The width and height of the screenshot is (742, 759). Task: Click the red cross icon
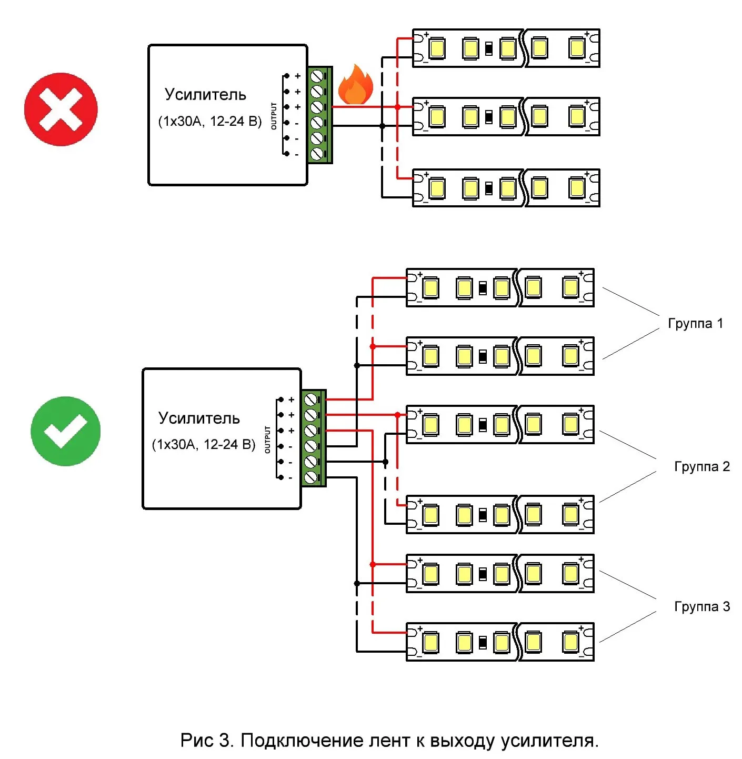point(61,109)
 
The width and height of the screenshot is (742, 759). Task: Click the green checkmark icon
point(65,431)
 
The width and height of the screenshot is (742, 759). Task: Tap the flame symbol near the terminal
point(356,85)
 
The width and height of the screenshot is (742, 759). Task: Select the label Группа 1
point(695,323)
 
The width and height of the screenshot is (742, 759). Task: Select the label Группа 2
point(702,466)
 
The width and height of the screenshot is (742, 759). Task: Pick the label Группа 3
point(702,606)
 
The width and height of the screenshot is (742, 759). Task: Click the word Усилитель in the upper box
point(205,94)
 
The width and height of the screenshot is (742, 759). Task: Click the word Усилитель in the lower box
point(199,418)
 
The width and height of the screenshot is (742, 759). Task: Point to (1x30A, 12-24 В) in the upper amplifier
point(210,122)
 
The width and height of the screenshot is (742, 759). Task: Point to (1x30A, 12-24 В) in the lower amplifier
point(204,445)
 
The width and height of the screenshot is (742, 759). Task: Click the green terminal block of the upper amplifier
point(319,115)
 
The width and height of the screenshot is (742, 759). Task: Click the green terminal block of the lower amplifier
point(314,438)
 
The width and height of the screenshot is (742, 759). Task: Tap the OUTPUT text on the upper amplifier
point(274,116)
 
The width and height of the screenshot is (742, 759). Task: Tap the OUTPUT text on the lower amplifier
point(267,440)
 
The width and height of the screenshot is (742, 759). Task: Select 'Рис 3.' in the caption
point(206,741)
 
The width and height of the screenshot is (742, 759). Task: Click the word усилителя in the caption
point(549,741)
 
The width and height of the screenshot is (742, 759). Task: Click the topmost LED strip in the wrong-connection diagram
point(506,48)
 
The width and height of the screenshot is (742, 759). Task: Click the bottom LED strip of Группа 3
point(500,642)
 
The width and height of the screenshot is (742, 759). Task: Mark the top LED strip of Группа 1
point(500,288)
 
